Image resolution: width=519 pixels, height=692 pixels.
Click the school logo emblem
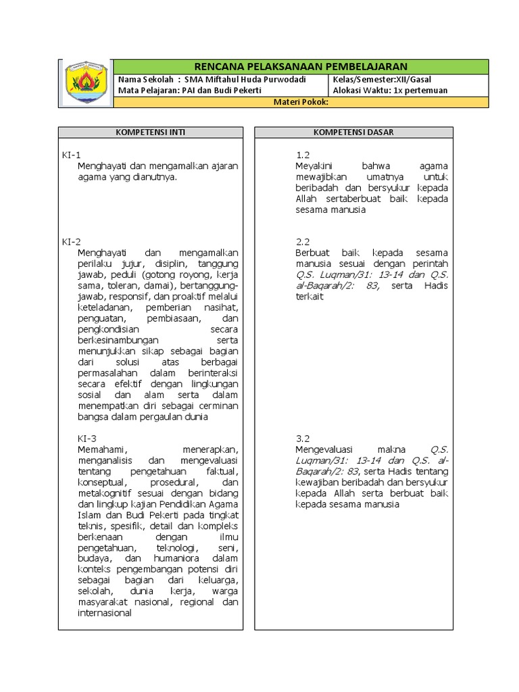pos(86,83)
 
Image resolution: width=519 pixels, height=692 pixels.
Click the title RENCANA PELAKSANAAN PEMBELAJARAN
pos(301,66)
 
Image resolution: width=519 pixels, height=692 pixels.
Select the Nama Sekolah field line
pos(212,79)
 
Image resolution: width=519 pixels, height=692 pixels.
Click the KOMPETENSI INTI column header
pos(150,132)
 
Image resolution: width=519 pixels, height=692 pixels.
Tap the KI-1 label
pos(71,155)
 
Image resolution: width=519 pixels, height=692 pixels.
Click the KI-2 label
pos(71,241)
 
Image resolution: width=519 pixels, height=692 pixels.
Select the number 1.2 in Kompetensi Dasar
pos(303,155)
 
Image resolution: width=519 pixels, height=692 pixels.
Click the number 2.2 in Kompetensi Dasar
pos(303,241)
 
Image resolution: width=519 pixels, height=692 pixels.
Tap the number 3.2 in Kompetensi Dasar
pos(303,438)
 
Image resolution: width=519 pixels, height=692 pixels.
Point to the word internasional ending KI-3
pos(105,613)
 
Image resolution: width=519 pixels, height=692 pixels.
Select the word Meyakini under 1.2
pos(314,166)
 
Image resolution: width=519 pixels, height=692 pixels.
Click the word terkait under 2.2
pos(310,296)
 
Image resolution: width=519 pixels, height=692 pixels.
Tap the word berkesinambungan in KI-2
pos(118,340)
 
